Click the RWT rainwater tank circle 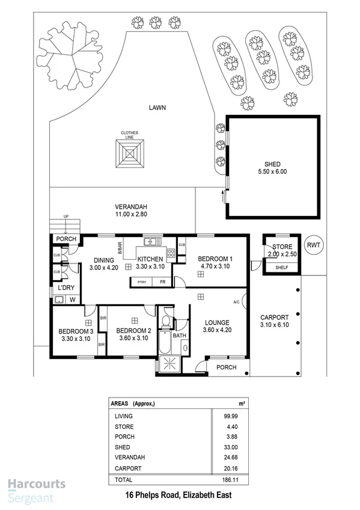[313, 245]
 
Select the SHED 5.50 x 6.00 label [272, 168]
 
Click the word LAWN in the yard [158, 108]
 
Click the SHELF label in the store [281, 268]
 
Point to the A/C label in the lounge [236, 302]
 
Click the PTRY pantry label [142, 281]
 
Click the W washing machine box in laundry [73, 299]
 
